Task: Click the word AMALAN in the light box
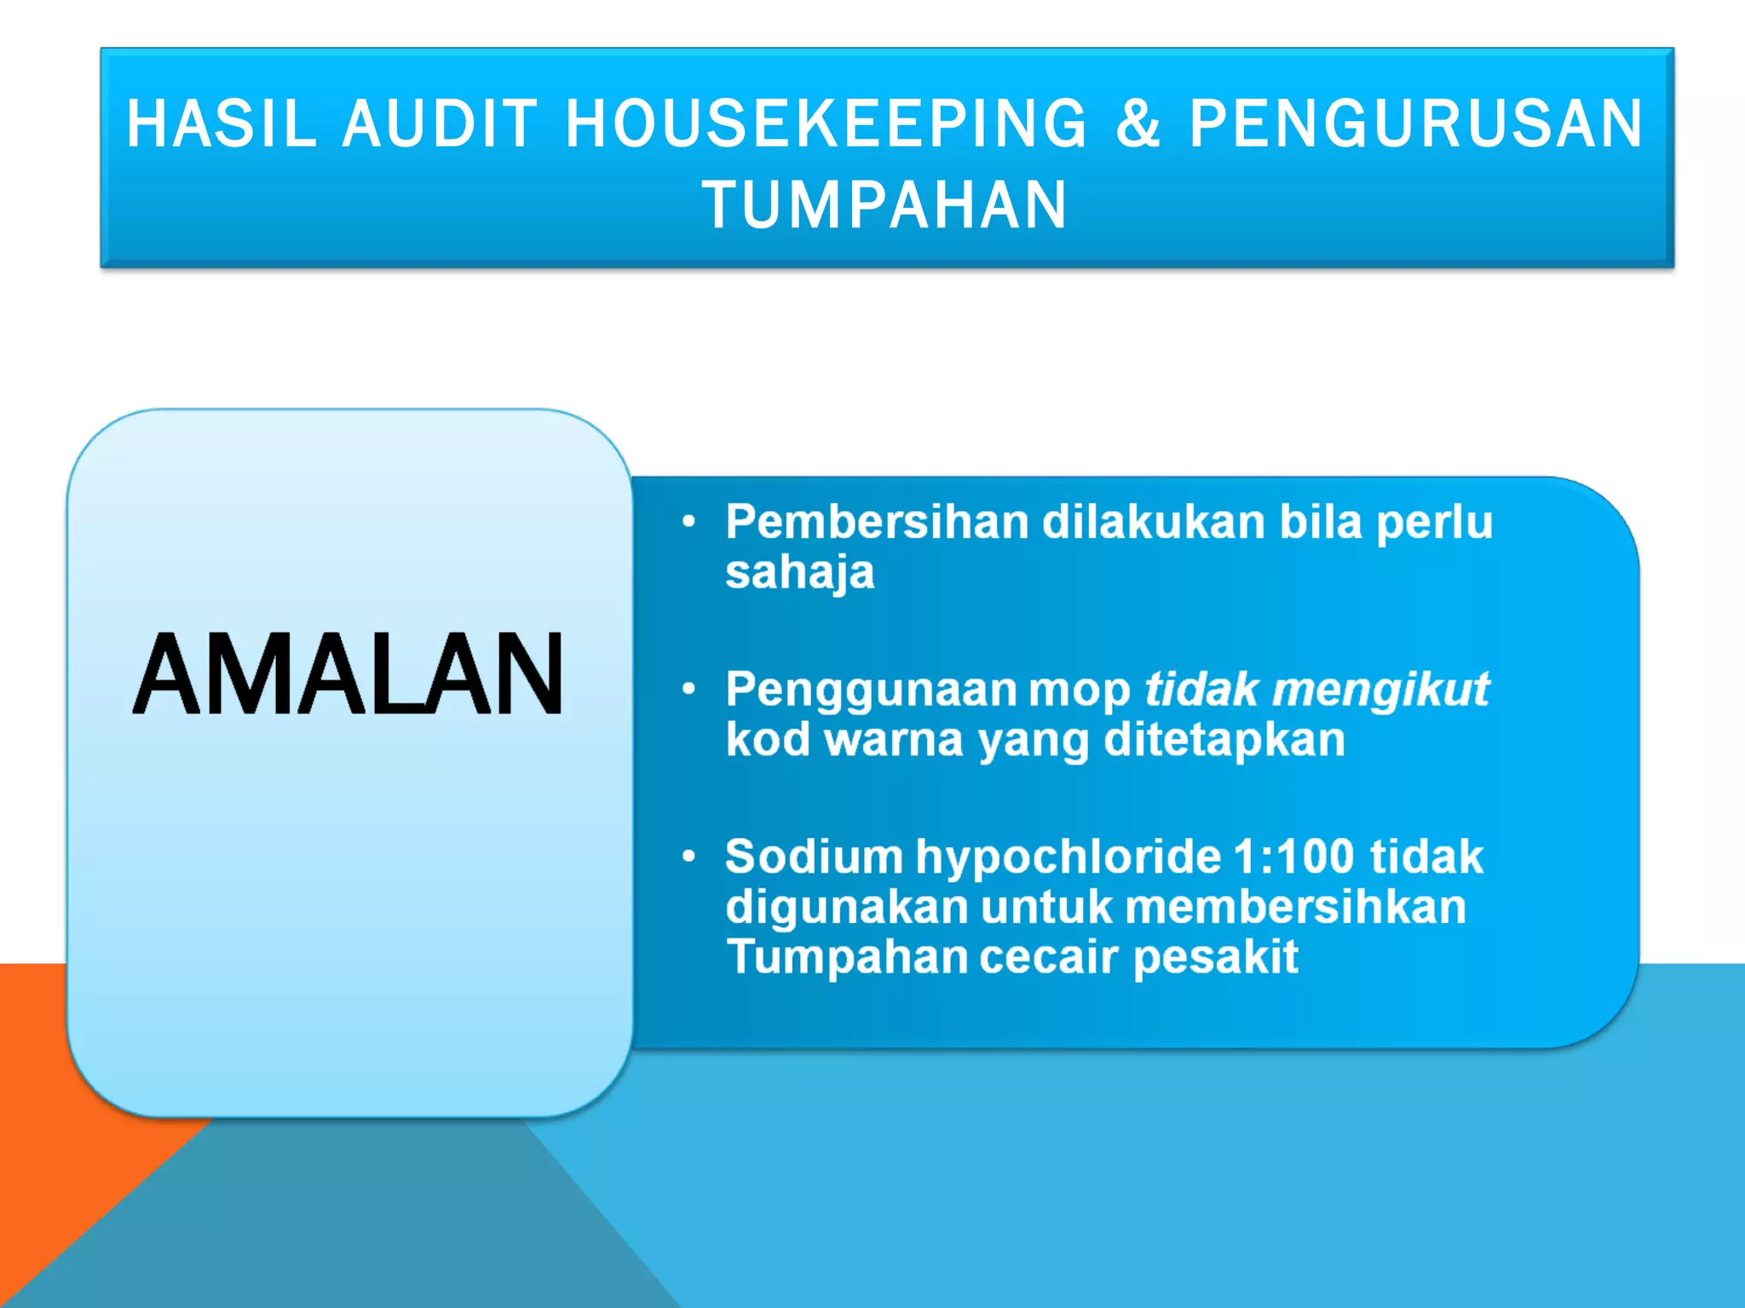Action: coord(348,674)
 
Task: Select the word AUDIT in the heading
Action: coord(441,124)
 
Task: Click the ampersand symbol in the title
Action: coord(1138,124)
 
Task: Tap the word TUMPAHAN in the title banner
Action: coord(884,205)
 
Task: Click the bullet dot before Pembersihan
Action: coord(689,522)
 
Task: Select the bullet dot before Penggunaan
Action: coord(689,689)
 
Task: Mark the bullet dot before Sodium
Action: coord(689,856)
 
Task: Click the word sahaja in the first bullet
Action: coord(799,572)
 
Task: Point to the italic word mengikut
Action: coord(1380,689)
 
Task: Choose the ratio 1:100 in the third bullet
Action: coord(1293,857)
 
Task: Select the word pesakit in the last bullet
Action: coord(1215,957)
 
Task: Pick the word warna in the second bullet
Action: coord(894,739)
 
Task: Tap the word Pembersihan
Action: coord(877,522)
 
